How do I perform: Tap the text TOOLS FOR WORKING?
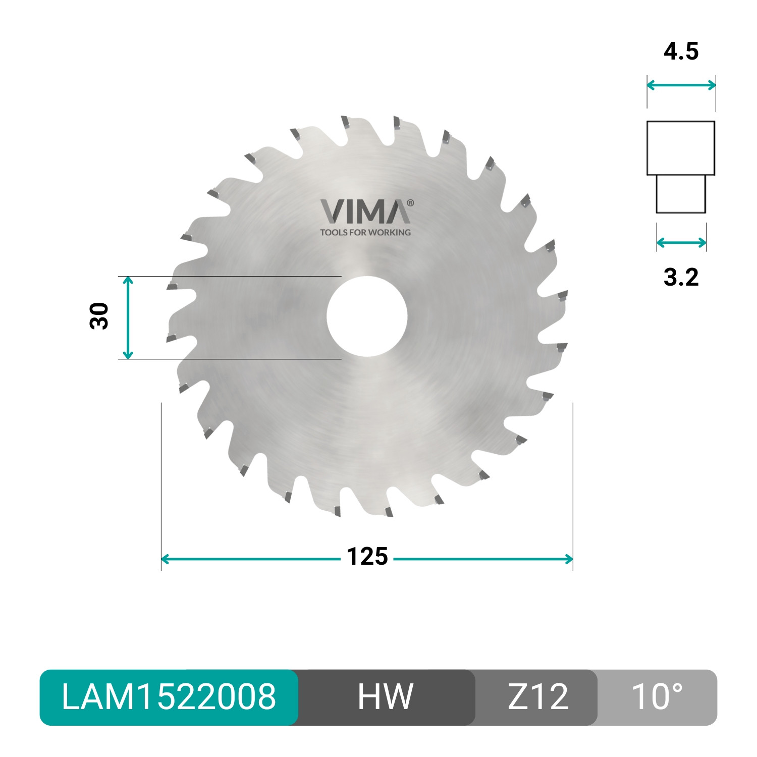pyautogui.click(x=365, y=233)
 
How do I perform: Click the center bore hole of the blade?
pyautogui.click(x=367, y=316)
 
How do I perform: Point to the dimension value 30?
pyautogui.click(x=99, y=316)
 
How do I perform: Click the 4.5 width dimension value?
pyautogui.click(x=681, y=52)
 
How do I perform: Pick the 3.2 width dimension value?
pyautogui.click(x=681, y=277)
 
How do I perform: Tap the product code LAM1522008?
pyautogui.click(x=169, y=697)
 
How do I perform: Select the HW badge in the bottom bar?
pyautogui.click(x=386, y=697)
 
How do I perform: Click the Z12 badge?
pyautogui.click(x=537, y=697)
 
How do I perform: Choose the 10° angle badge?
pyautogui.click(x=657, y=697)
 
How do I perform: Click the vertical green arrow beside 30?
pyautogui.click(x=128, y=317)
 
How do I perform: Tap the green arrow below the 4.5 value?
pyautogui.click(x=681, y=85)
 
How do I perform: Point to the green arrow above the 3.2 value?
pyautogui.click(x=681, y=243)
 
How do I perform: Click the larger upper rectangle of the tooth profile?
pyautogui.click(x=681, y=148)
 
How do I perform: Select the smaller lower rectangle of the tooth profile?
pyautogui.click(x=681, y=194)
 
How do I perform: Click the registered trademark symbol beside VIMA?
pyautogui.click(x=410, y=203)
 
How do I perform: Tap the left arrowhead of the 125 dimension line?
pyautogui.click(x=165, y=559)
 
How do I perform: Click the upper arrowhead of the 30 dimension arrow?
pyautogui.click(x=128, y=280)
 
